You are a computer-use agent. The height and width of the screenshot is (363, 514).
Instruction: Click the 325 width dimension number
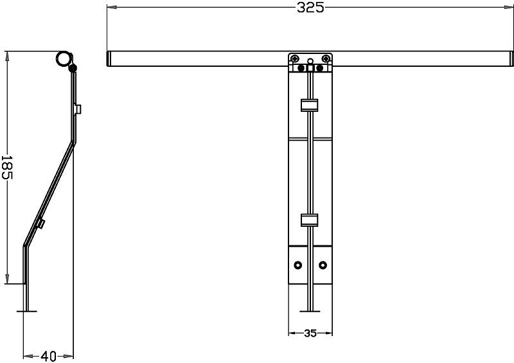(310, 7)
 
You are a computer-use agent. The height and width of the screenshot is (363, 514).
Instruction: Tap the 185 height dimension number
(7, 167)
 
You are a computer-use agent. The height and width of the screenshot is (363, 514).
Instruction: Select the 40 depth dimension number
(48, 356)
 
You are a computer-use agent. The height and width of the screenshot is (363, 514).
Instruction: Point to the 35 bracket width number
(310, 333)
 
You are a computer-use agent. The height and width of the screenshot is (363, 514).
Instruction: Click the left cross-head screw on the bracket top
(296, 58)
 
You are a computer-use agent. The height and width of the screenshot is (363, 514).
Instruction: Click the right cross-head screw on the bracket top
(325, 58)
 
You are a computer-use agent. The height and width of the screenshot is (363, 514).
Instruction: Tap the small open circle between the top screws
(310, 61)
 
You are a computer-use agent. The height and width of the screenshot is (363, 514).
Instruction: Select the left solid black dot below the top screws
(301, 68)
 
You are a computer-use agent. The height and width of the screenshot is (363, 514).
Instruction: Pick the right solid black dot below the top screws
(319, 68)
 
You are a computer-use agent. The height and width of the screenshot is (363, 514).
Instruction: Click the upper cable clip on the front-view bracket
(310, 105)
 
